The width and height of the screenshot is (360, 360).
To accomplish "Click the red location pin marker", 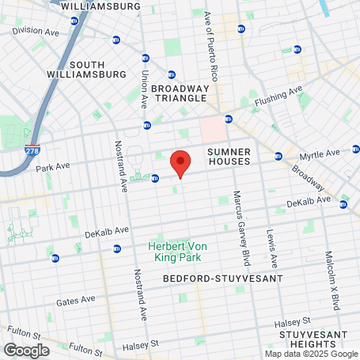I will coord(180,164).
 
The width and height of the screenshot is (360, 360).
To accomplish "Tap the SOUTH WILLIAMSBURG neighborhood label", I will coord(98,70).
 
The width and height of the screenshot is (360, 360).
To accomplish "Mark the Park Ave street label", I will coord(55,168).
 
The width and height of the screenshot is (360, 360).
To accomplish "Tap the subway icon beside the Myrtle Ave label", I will coord(279,156).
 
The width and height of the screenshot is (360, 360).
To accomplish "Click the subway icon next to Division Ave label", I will coord(116,40).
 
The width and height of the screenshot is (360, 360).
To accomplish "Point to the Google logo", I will coord(26,350).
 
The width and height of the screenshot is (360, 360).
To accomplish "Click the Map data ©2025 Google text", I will coord(310,354).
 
